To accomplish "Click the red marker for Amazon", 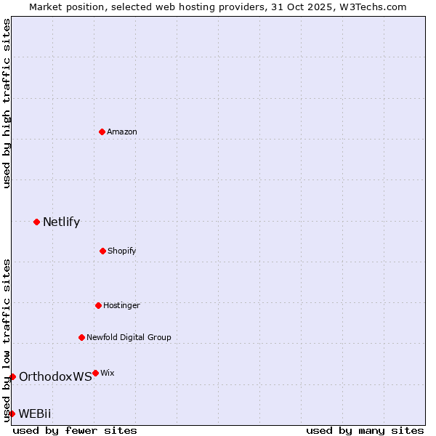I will [102, 132].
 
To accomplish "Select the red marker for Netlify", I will [36, 222].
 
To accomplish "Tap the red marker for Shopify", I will [102, 251].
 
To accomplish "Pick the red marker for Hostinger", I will [98, 305].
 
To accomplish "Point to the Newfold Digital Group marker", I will [81, 337].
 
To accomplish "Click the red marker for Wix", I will [95, 373].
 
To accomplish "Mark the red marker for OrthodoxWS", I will [12, 376].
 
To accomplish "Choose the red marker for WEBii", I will [12, 413].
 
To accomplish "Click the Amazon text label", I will [122, 132].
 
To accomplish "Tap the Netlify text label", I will [61, 222].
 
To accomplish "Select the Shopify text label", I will [122, 251].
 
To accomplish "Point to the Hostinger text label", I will [121, 305].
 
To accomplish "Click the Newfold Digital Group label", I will [129, 337].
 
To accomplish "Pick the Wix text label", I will [108, 373].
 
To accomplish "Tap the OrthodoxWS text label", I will [55, 376].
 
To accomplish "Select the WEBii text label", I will [35, 413].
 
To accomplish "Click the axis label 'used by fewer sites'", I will [75, 430].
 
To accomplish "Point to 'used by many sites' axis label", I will [365, 430].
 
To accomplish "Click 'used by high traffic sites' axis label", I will [7, 103].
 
